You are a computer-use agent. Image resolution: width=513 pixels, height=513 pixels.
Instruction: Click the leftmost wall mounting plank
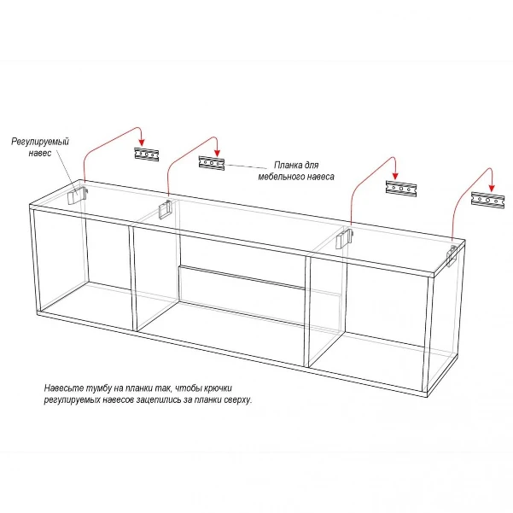click(147, 154)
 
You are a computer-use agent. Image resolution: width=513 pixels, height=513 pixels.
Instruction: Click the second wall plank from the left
click(212, 163)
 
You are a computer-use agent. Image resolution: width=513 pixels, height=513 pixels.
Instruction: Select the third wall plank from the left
click(401, 189)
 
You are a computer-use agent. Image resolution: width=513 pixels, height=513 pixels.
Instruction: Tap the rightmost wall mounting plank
click(487, 199)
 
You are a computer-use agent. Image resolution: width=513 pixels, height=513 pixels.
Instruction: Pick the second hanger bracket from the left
click(165, 209)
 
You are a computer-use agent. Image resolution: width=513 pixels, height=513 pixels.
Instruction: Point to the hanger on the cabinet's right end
click(452, 255)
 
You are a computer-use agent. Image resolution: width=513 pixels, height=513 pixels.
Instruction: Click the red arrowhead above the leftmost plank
click(142, 143)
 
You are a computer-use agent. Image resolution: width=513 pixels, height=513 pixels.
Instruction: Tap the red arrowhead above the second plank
click(217, 153)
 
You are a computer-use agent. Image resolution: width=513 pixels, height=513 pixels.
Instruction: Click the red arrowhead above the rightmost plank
click(492, 188)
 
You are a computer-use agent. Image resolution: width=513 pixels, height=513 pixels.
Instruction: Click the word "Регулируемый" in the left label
click(40, 142)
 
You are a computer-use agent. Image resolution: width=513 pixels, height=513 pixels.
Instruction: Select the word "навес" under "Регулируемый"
click(40, 153)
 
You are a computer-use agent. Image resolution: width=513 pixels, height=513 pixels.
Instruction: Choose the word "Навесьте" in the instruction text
click(63, 388)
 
